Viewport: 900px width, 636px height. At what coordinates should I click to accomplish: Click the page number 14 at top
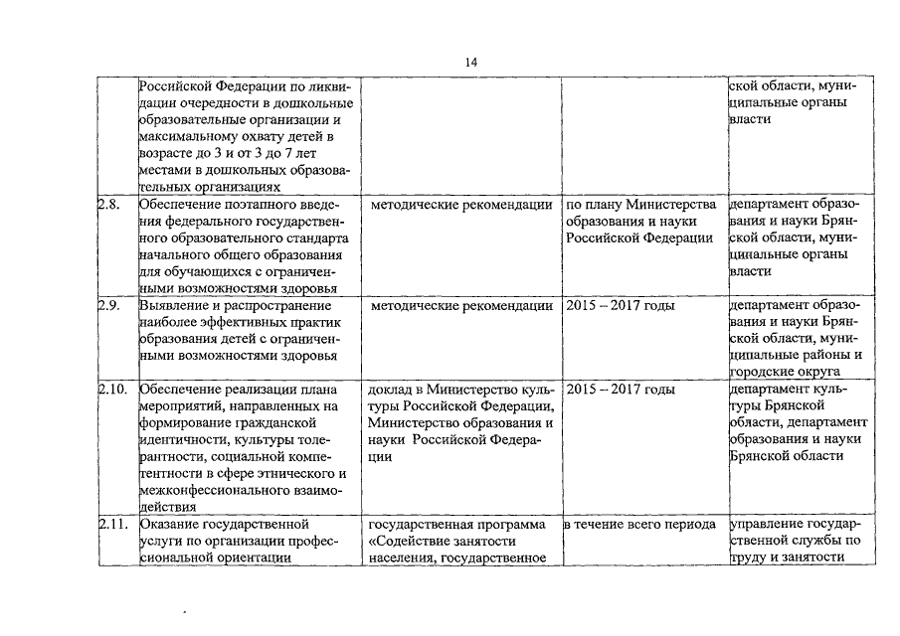pos(471,62)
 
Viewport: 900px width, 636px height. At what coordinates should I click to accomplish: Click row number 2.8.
pos(108,206)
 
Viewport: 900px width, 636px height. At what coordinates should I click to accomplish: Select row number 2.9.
pos(108,305)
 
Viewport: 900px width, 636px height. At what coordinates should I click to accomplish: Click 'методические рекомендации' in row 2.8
pos(460,206)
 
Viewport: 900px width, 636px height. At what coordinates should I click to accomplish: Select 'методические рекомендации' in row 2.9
pos(460,305)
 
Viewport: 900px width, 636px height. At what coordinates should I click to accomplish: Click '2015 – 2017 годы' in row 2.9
pos(620,305)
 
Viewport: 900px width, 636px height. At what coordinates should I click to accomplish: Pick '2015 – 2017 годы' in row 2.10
pos(620,390)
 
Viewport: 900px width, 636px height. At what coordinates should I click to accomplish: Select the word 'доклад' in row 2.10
pos(391,390)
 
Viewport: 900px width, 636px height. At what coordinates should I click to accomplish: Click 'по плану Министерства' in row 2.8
pos(640,206)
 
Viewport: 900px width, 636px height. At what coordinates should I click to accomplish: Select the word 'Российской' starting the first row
pos(175,85)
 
